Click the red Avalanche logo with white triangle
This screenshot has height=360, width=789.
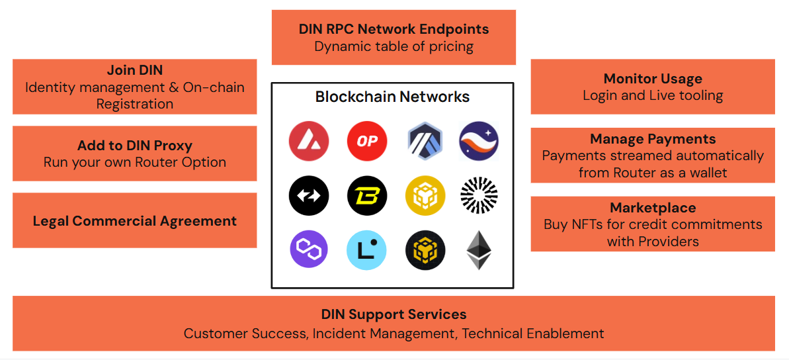(x=308, y=141)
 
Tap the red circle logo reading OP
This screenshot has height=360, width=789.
(x=366, y=141)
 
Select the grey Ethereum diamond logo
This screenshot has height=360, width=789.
(x=479, y=250)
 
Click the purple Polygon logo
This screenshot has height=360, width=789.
(x=308, y=250)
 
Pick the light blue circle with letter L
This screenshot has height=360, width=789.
(x=366, y=250)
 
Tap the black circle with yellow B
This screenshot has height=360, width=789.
(x=366, y=196)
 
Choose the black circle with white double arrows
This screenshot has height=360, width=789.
(x=308, y=196)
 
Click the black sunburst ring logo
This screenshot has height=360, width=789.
(x=479, y=196)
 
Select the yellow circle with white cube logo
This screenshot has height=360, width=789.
(x=425, y=196)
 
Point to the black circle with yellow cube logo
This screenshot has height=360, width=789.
(x=425, y=250)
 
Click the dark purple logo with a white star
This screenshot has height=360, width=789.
(x=479, y=141)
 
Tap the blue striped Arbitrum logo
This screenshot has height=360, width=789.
(x=425, y=141)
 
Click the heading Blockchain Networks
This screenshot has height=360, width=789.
(x=392, y=97)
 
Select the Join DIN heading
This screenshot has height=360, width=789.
(x=135, y=70)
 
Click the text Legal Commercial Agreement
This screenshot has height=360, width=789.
(x=135, y=221)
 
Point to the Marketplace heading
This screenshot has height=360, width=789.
(x=653, y=208)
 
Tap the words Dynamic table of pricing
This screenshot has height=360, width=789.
(x=394, y=46)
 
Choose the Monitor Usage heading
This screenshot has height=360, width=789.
(x=653, y=79)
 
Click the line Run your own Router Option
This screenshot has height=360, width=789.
(x=135, y=163)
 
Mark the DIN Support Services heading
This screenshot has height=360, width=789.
(x=394, y=314)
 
